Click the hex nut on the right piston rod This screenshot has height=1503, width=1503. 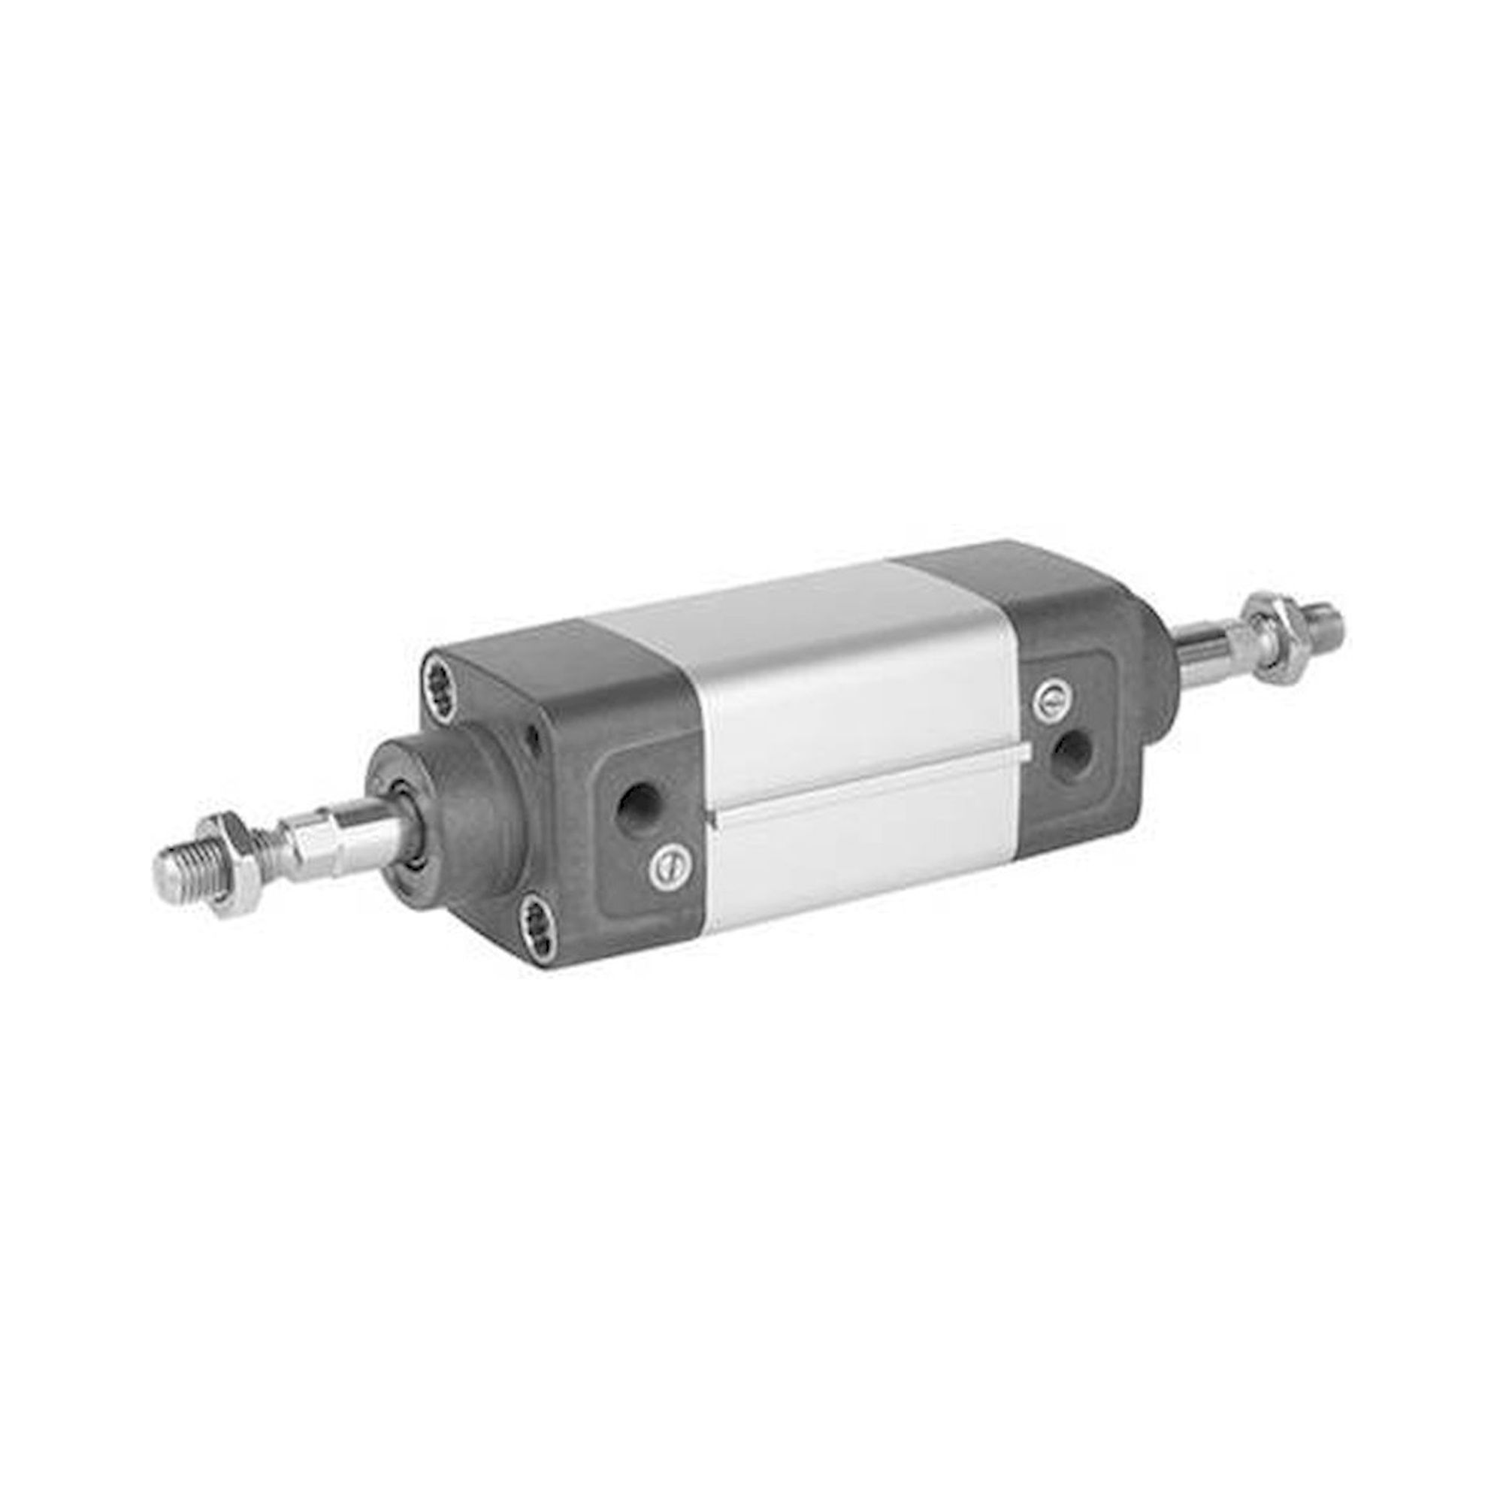[x=1269, y=640]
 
